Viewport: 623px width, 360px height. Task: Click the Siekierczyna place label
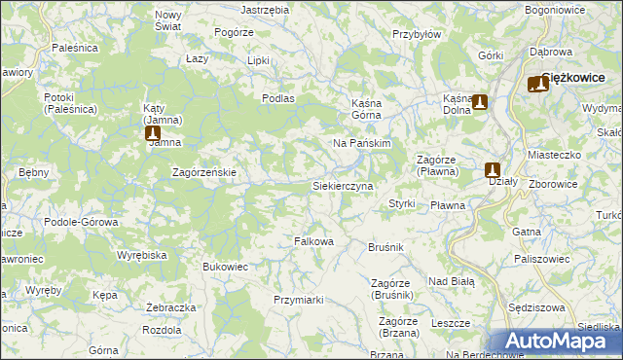click(x=342, y=184)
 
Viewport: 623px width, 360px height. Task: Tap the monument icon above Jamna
click(x=152, y=132)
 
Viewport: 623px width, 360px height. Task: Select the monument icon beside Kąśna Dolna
click(x=480, y=102)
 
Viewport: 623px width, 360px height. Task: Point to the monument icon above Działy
click(x=493, y=169)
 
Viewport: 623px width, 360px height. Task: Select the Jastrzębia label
click(x=265, y=9)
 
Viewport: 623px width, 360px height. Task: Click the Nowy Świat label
click(x=168, y=19)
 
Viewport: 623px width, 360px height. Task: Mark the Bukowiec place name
click(x=226, y=266)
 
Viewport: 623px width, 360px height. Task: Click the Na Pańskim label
click(x=361, y=143)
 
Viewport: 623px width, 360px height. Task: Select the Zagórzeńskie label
click(x=204, y=172)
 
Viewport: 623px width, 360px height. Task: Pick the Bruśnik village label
click(x=385, y=248)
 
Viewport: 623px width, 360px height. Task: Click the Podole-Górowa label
click(x=88, y=222)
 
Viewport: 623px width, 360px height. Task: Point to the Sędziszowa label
click(x=536, y=307)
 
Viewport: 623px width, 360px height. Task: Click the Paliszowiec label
click(x=543, y=259)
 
